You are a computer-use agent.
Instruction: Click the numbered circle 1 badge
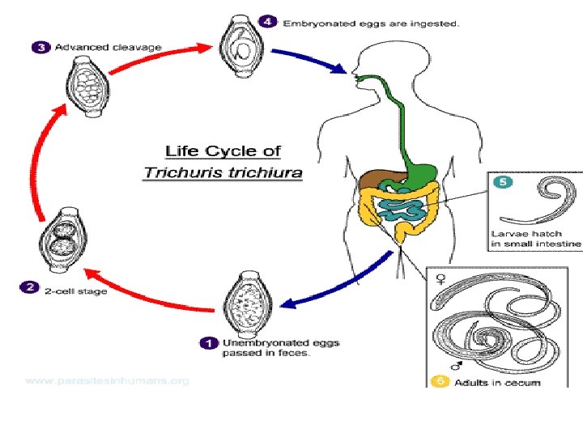click(207, 343)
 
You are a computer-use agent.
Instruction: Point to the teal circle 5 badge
click(502, 183)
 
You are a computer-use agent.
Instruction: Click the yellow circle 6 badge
click(440, 380)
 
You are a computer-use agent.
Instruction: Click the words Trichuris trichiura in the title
click(222, 172)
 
